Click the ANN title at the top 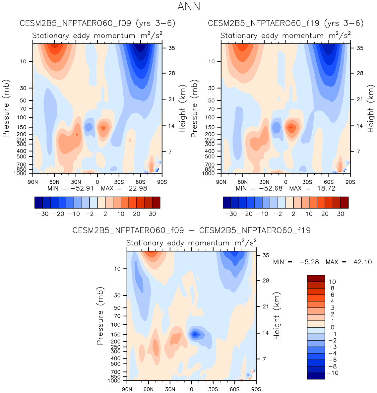click(189, 6)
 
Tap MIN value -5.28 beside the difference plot click(309, 262)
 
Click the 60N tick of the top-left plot click(54, 182)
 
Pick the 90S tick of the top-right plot click(350, 182)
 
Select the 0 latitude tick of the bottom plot click(191, 389)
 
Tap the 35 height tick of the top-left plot click(171, 48)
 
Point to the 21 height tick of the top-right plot click(360, 99)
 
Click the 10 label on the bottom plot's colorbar click(333, 282)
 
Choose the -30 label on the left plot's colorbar click(42, 214)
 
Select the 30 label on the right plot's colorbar click(341, 214)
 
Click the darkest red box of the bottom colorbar click(316, 278)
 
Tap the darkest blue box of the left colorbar click(38, 202)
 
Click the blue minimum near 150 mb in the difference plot click(195, 334)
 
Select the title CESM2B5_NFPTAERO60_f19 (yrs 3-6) click(285, 23)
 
